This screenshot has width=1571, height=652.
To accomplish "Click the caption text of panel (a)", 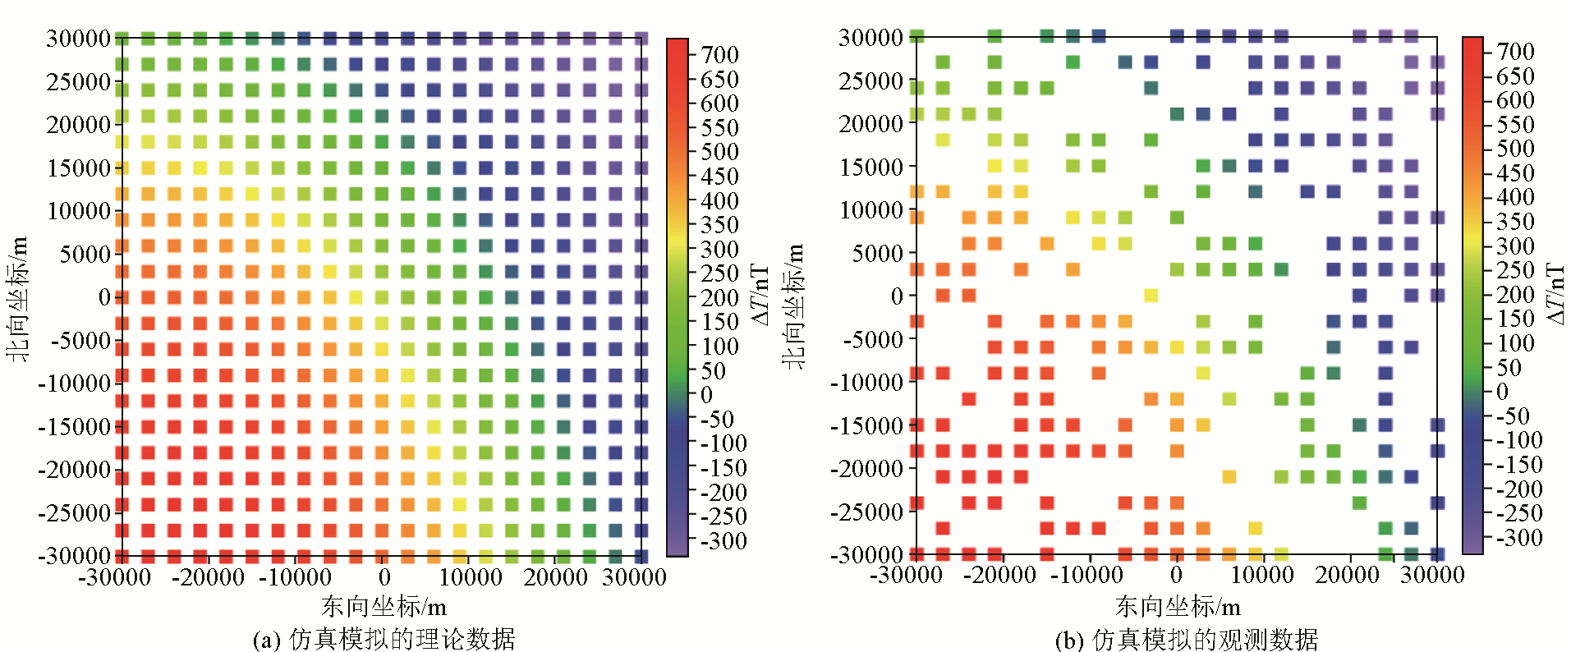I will pos(384,639).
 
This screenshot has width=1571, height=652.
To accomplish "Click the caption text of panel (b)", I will pos(1186,639).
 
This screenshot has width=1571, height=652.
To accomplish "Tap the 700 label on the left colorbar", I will pos(720,55).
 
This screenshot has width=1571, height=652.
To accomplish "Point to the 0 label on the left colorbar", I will pos(706,395).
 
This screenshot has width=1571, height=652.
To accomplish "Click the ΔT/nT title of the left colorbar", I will pos(760,294).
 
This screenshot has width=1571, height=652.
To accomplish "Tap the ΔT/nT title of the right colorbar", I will pos(1555,294).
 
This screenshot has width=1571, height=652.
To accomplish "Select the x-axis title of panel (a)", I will pos(384,606).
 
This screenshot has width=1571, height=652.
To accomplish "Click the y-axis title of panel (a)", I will pos(18,297).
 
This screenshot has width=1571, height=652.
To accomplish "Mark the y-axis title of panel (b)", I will pos(793,305).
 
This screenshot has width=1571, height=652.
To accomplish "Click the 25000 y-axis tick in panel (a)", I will pos(78,82).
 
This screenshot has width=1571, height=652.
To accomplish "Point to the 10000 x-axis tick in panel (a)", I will pos(471,577).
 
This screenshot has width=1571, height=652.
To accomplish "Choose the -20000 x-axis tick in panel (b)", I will pos(999,575).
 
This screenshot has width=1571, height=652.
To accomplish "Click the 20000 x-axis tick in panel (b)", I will pos(1348,575).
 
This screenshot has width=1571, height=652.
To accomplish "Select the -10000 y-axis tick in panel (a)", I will pos(74,383).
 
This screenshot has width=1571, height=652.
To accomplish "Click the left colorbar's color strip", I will pos(677,297).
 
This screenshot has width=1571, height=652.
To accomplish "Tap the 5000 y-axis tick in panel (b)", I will pos(877,254).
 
